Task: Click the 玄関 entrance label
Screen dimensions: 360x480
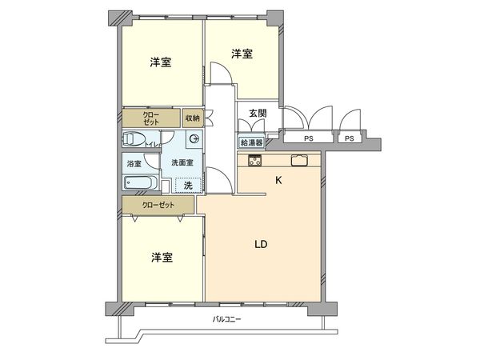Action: pyautogui.click(x=258, y=112)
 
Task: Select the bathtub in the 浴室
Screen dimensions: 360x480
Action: pyautogui.click(x=141, y=182)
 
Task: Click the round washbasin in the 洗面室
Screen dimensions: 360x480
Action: pyautogui.click(x=194, y=140)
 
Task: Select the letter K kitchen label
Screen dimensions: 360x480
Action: pyautogui.click(x=278, y=180)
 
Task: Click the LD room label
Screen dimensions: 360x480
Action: pyautogui.click(x=261, y=244)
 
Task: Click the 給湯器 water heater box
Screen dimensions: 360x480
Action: pyautogui.click(x=250, y=142)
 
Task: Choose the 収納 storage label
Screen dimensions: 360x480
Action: pyautogui.click(x=192, y=118)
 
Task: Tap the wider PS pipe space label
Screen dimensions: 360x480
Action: pyautogui.click(x=307, y=138)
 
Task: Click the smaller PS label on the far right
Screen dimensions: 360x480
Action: pyautogui.click(x=349, y=138)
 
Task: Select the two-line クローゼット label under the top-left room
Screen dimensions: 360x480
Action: pyautogui.click(x=151, y=118)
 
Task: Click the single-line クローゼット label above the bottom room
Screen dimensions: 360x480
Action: pyautogui.click(x=158, y=205)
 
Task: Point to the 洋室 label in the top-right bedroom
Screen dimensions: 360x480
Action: pyautogui.click(x=243, y=54)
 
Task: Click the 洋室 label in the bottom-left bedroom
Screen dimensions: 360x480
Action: pyautogui.click(x=162, y=258)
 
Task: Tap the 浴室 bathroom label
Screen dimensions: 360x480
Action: pyautogui.click(x=134, y=164)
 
